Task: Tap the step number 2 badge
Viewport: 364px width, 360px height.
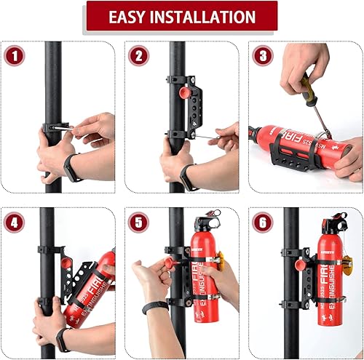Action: tap(140, 55)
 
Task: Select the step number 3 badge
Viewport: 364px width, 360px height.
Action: tap(263, 55)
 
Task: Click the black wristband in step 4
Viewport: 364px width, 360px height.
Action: tap(63, 335)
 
